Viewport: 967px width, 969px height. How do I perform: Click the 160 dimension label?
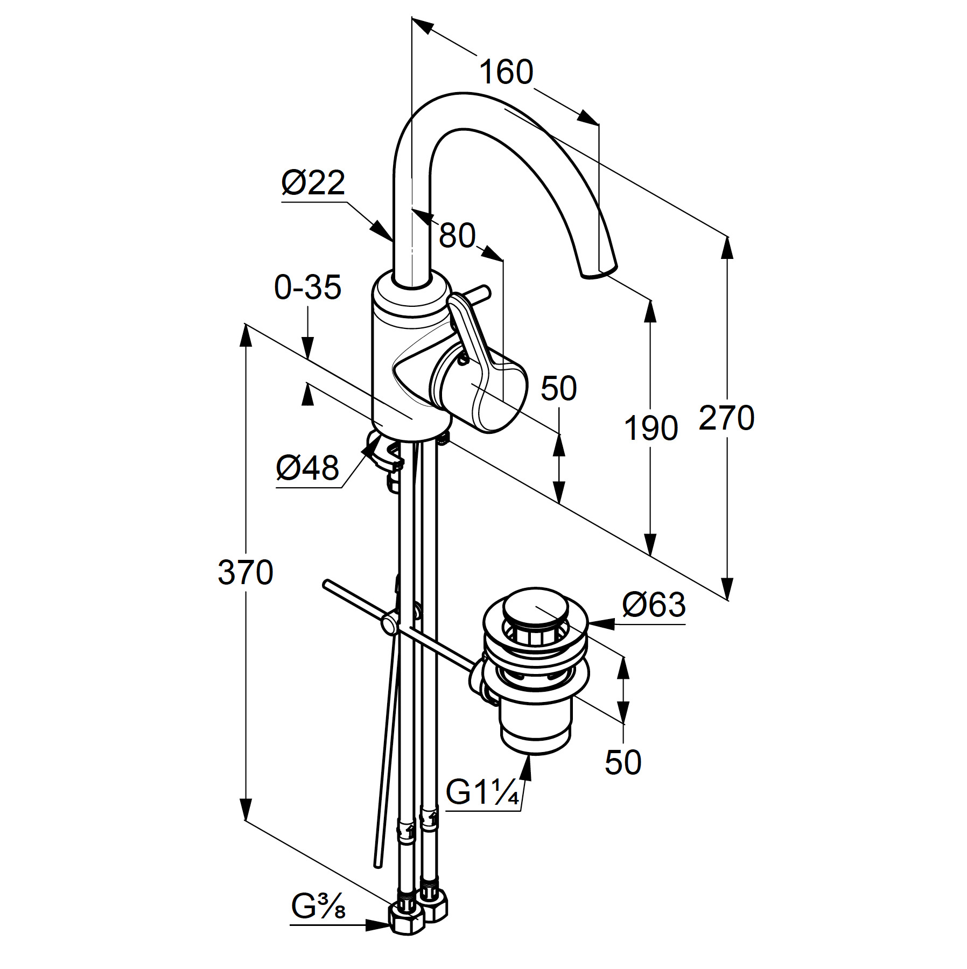506,72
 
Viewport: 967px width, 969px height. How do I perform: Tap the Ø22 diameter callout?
313,183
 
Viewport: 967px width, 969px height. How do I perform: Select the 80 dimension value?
457,235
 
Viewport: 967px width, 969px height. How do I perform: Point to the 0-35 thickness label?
307,287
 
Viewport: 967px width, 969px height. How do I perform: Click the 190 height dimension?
650,429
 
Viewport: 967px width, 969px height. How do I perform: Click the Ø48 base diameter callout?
307,467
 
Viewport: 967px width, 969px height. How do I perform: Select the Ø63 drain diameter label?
654,605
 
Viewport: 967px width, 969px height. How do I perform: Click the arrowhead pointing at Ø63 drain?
601,624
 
